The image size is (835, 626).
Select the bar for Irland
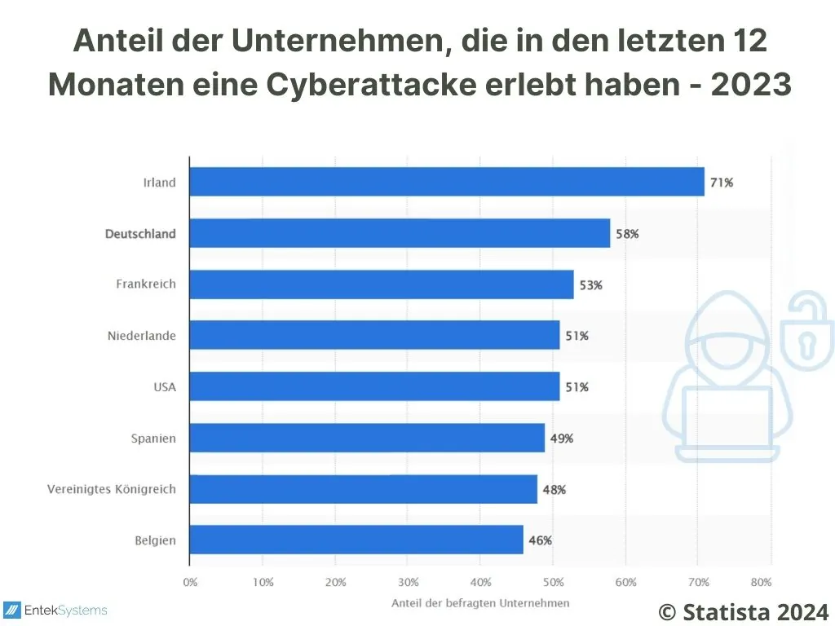(x=446, y=182)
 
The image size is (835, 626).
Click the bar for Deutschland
(x=400, y=233)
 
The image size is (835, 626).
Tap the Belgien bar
(x=356, y=540)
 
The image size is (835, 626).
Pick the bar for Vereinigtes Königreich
(x=363, y=489)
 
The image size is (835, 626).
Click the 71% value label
(x=721, y=183)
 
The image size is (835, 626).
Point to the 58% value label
(x=627, y=234)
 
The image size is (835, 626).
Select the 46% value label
(x=540, y=540)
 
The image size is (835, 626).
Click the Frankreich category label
(x=146, y=284)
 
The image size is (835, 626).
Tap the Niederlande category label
(x=142, y=336)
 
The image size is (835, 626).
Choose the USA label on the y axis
(x=165, y=387)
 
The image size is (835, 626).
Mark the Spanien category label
(x=153, y=439)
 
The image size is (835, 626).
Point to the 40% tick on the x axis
(x=480, y=583)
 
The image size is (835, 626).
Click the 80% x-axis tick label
(x=761, y=583)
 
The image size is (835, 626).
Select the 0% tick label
(x=190, y=583)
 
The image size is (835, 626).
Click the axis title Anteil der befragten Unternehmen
(x=480, y=603)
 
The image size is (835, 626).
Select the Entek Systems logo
(x=56, y=610)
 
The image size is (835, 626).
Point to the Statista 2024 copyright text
(x=743, y=611)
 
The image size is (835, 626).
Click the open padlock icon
(x=806, y=333)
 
